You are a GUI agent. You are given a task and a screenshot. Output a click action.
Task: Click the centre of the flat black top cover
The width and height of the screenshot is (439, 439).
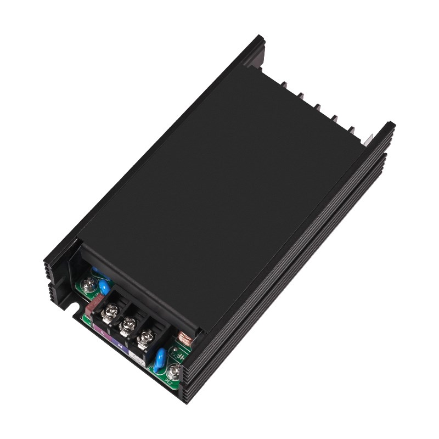[x=219, y=187]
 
